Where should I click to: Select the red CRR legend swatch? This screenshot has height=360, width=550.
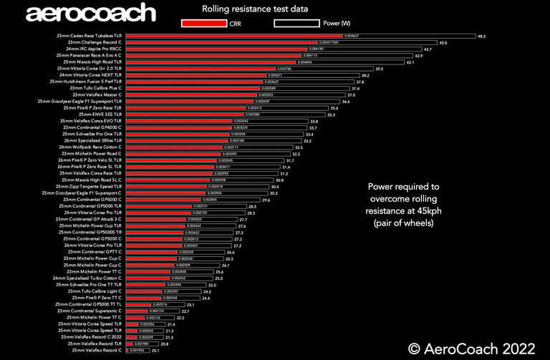(x=204, y=23)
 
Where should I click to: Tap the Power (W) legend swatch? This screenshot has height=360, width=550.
(x=297, y=23)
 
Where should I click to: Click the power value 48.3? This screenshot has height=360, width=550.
(x=482, y=36)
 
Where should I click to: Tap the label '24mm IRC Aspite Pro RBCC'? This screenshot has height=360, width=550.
(x=95, y=49)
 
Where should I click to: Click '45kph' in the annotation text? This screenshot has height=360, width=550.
(x=423, y=211)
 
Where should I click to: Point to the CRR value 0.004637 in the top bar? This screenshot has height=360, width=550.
(x=351, y=36)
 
